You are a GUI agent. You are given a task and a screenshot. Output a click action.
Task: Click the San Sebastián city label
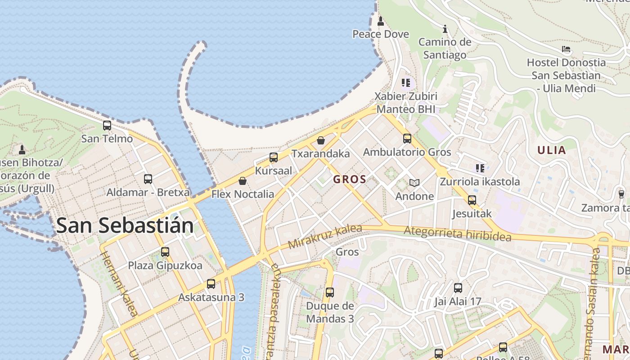coord(125,225)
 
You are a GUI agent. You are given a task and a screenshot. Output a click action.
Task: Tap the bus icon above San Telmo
coord(107,126)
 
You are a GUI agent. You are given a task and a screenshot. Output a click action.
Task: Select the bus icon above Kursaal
coord(274,157)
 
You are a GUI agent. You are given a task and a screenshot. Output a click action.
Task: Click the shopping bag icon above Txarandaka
coord(321,140)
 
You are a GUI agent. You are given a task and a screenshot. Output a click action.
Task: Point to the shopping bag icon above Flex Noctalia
coord(243,181)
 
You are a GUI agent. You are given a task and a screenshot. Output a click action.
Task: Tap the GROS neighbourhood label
coord(350,180)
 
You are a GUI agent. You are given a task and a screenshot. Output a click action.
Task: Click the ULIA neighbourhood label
coord(551,150)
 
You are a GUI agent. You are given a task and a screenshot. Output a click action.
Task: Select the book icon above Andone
coord(414,183)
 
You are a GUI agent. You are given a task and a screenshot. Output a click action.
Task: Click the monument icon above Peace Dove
coord(381,21)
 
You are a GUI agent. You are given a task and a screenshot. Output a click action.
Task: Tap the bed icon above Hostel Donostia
coord(566,49)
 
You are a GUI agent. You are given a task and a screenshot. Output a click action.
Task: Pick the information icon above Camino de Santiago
coord(445,29)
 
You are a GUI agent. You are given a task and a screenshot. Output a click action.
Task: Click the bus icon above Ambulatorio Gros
coord(407,139)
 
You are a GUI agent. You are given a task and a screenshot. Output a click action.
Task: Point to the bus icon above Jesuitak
coord(472,200)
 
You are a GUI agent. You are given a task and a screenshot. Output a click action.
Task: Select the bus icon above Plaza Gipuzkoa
coord(165,252)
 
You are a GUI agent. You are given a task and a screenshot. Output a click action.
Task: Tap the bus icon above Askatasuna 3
coord(211,284)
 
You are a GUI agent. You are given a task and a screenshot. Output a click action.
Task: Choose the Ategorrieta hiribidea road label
coord(458,234)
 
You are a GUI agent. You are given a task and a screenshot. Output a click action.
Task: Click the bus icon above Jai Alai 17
coord(458,288)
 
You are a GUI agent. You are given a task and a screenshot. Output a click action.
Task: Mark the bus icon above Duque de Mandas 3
coord(330,292)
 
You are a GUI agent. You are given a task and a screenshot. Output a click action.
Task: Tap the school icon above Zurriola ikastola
coord(480,168)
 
